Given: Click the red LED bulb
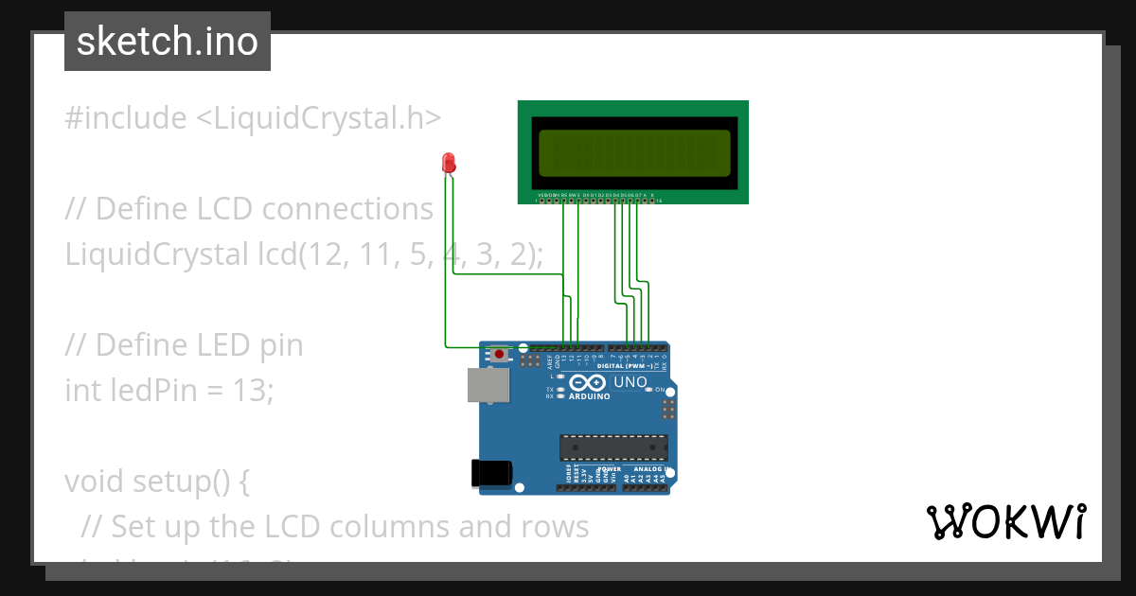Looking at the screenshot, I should coord(448,163).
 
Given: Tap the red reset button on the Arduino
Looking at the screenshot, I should coord(500,355).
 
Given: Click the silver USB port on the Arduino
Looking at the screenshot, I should coord(488,385).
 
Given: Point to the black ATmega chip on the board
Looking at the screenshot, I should coord(613,445).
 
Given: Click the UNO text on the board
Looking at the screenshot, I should coord(630,383).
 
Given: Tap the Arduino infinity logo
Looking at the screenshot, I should coord(589,383).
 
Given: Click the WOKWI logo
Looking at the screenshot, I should coord(1005,521).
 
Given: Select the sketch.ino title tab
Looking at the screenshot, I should coord(168,42).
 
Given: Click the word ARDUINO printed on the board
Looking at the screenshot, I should coord(590,397).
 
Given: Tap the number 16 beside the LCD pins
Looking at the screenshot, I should coord(659,201).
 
